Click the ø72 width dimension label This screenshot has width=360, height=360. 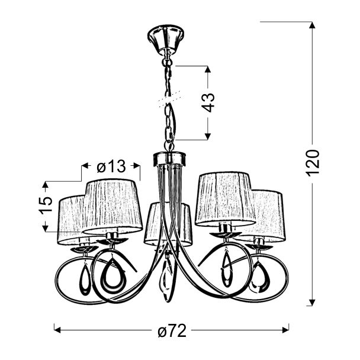[172, 331]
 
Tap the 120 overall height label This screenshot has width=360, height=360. [313, 163]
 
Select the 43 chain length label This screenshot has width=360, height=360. [208, 102]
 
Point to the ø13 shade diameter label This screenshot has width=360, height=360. [111, 166]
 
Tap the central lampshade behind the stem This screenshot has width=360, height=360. [168, 224]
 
